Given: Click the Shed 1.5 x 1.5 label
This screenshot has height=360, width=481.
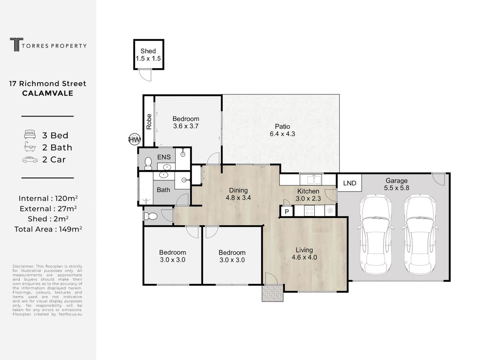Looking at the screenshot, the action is coord(148,55).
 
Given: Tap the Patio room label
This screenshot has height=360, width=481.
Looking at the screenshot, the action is coord(282,130).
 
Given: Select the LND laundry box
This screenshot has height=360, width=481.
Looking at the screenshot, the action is coord(349,183).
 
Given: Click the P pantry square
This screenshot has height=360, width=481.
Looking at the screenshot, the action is coord(287,211).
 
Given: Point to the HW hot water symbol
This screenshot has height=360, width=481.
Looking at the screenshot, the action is coord(135,139).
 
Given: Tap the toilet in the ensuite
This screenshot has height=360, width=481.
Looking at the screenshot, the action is coord(148,163).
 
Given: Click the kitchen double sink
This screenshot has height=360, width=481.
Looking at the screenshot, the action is coord(310,179).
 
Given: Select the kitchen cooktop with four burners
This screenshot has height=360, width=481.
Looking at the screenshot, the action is coord(309,210).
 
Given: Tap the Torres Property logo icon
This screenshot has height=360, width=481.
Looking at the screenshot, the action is coord(16,44).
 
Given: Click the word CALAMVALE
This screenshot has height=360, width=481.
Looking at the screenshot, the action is coord(48,93).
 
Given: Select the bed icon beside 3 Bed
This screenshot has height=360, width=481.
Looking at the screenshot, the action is coord(30,134).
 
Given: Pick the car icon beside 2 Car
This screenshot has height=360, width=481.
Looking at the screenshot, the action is coord(30,160).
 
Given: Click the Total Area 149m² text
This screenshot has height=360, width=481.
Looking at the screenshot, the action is coord(48,229).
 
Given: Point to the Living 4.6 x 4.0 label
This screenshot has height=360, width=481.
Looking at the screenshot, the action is coord(304,254).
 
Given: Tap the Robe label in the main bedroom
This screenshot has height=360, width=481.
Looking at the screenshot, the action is coord(149,122).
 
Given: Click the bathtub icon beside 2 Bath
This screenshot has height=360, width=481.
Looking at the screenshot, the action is coord(30,147).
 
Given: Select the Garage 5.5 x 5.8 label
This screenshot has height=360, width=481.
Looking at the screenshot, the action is coord(397,184).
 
